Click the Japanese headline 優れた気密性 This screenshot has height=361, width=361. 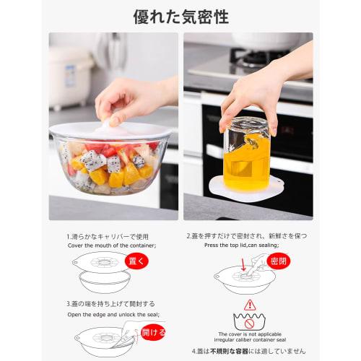(180, 16)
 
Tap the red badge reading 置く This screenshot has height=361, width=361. (136, 261)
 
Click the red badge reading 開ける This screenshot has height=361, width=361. (152, 332)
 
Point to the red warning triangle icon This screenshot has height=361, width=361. (250, 305)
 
